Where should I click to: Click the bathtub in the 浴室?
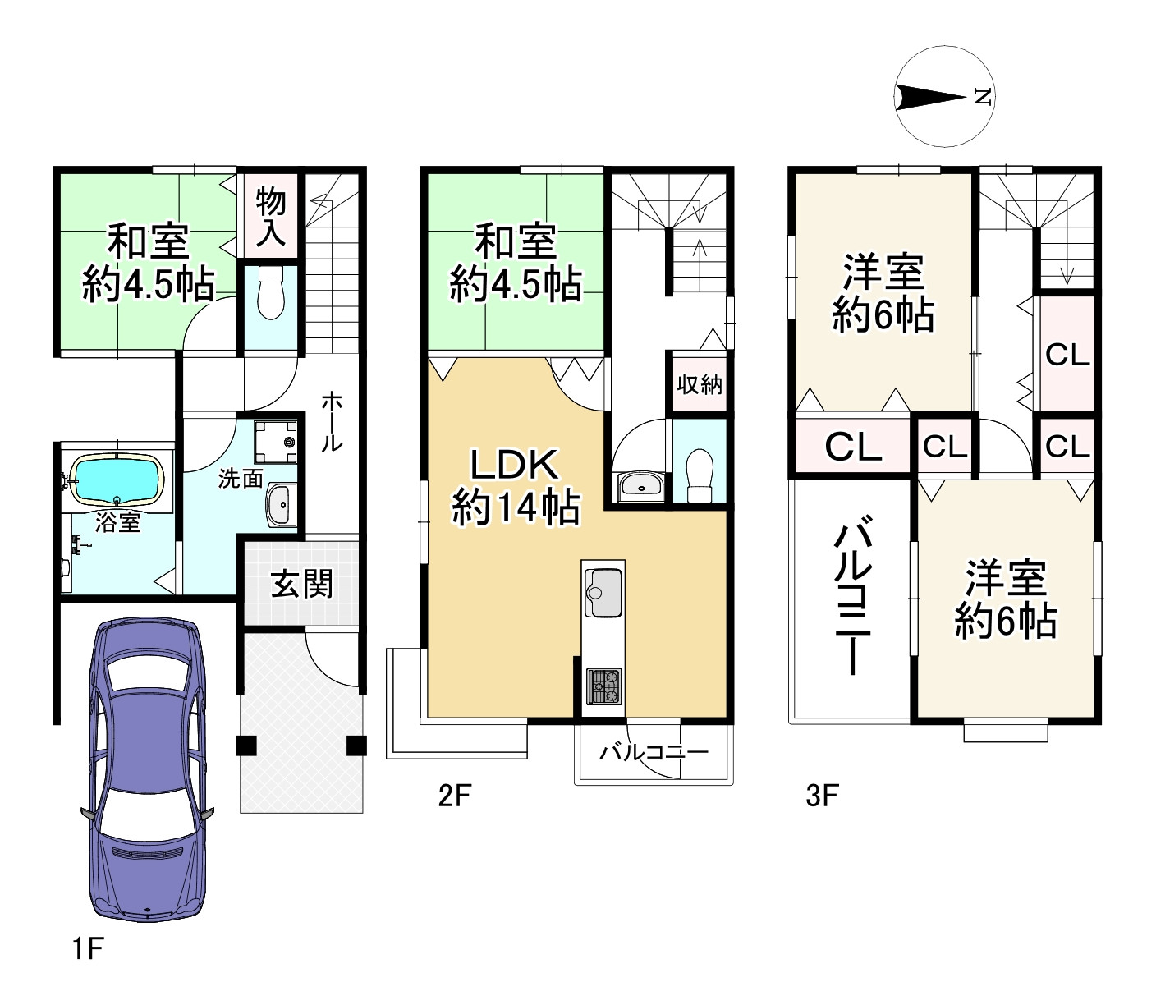[116, 479]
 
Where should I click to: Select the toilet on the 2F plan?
[699, 475]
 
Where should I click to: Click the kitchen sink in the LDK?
[603, 591]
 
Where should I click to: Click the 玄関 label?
[302, 585]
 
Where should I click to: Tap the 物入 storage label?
[270, 217]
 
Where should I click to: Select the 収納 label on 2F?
[700, 383]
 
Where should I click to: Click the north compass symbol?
[944, 97]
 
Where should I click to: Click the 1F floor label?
[87, 949]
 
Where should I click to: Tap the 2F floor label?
[454, 795]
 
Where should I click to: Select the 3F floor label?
[821, 795]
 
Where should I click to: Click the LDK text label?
[514, 465]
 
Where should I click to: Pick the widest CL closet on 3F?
[852, 447]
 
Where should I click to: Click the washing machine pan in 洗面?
[275, 443]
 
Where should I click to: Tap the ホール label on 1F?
[332, 421]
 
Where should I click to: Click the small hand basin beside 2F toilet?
[640, 485]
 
